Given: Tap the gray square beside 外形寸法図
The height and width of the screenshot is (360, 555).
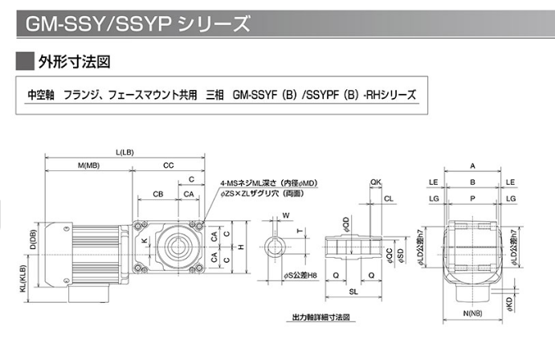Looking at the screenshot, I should click(x=26, y=61).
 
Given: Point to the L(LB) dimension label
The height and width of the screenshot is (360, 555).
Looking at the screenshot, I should click(x=124, y=152).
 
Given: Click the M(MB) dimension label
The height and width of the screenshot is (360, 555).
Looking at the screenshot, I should click(x=89, y=166).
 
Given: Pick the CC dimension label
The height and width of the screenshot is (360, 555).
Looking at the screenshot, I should click(x=169, y=166).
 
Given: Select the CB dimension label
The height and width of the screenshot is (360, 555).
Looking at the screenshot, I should click(x=158, y=194).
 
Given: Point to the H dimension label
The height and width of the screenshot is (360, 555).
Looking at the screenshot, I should click(x=242, y=247).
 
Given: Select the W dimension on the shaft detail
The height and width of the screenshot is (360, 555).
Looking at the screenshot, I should click(x=286, y=215).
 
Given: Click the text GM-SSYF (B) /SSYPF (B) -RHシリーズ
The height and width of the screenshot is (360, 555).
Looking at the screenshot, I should click(x=324, y=94).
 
